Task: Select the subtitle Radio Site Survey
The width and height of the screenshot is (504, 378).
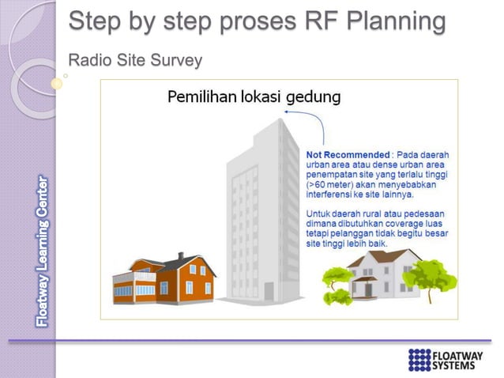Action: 135,60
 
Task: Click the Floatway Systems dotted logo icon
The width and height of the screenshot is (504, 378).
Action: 419,359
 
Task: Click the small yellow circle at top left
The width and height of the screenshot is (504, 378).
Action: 56,82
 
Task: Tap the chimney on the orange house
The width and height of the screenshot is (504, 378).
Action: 181,258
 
